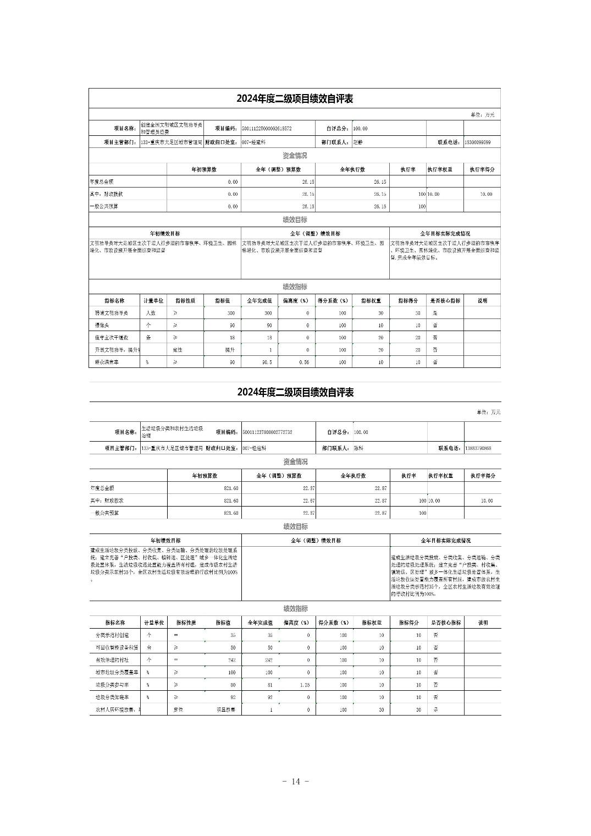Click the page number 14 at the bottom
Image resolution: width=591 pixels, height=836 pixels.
tap(296, 782)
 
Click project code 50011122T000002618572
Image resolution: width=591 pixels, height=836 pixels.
tap(267, 129)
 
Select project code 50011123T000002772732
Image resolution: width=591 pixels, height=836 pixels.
tap(267, 432)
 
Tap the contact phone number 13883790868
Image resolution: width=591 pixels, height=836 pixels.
tap(478, 448)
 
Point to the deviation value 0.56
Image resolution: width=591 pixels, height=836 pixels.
tap(304, 362)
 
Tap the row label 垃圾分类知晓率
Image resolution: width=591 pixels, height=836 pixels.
tap(112, 697)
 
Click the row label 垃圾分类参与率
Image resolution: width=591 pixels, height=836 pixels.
tap(112, 685)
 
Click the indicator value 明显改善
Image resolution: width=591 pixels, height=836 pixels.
tap(225, 710)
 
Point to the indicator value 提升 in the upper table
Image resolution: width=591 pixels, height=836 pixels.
tap(230, 350)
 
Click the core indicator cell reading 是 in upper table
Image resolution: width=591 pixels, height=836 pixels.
tap(435, 313)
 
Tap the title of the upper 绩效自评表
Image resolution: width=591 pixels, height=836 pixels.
tap(295, 99)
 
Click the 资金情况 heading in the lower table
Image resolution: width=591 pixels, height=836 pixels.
tap(295, 462)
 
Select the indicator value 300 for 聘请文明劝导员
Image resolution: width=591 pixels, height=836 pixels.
tap(230, 313)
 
